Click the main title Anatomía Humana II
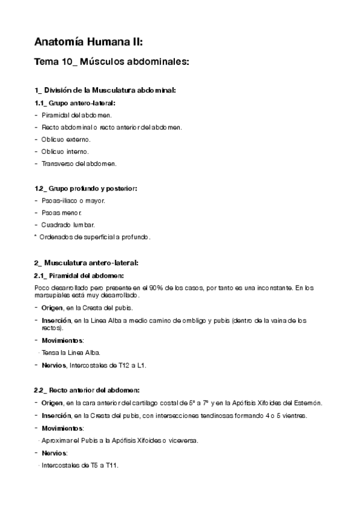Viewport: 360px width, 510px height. [x=88, y=42]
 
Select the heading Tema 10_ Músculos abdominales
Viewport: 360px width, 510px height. [x=112, y=62]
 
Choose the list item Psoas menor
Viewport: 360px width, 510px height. [x=63, y=213]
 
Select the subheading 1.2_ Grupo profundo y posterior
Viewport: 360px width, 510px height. [x=86, y=188]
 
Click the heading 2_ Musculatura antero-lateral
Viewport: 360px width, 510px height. [x=87, y=263]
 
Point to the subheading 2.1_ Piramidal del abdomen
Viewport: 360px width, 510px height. [x=79, y=275]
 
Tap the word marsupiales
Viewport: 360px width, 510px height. [x=54, y=295]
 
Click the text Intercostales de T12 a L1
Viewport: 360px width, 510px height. [x=109, y=365]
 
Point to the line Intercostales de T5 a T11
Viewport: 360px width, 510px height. [x=80, y=465]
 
